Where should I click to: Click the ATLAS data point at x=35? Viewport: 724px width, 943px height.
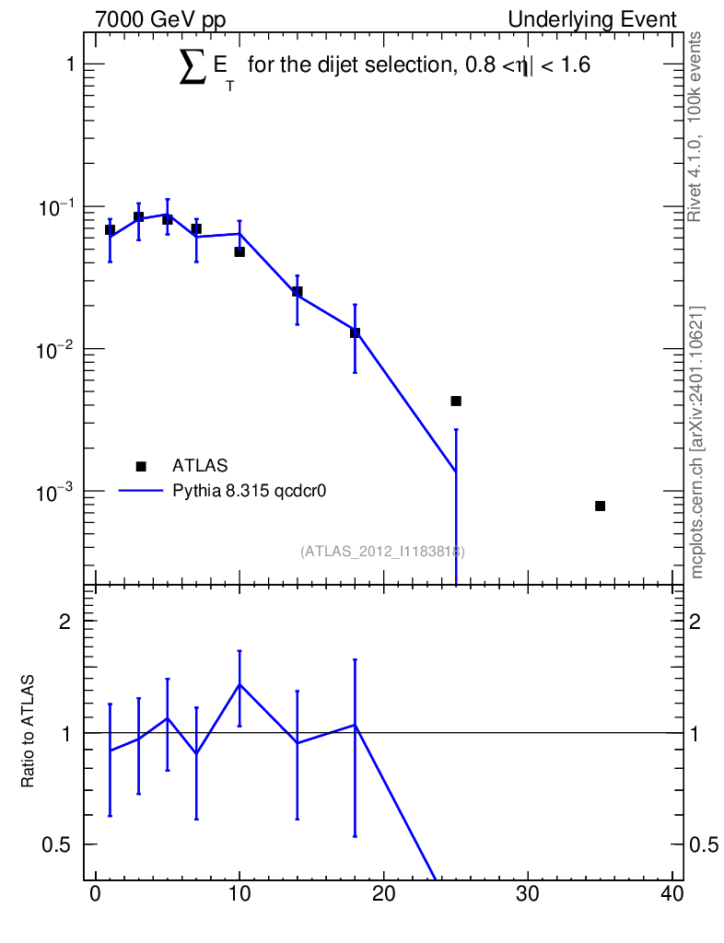(x=600, y=506)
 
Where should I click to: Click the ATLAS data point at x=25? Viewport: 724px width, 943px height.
(x=456, y=401)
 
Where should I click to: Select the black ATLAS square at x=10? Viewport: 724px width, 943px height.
(x=239, y=251)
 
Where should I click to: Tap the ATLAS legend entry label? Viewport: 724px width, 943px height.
(x=200, y=466)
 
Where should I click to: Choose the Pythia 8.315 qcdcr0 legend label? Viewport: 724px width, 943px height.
(x=251, y=491)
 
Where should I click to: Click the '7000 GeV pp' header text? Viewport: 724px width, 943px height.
(x=160, y=19)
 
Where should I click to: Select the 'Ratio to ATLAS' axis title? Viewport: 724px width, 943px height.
(x=29, y=732)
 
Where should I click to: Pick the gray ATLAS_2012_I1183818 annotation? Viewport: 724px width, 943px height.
(x=382, y=552)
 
